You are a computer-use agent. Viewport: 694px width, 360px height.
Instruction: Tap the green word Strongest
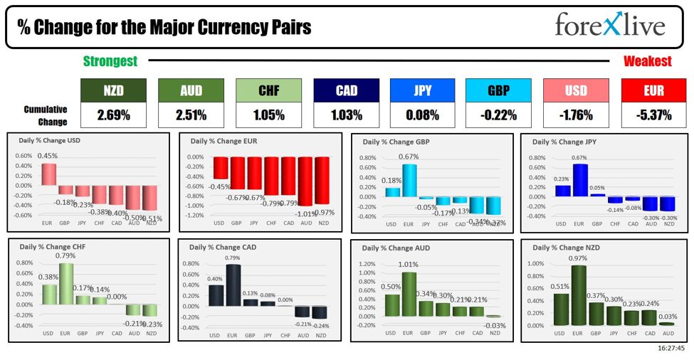pos(110,61)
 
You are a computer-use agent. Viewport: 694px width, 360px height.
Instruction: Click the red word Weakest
pos(647,61)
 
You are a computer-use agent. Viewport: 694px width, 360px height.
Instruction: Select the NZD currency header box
pos(112,90)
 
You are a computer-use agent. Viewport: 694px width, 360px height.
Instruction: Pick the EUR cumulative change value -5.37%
pos(647,115)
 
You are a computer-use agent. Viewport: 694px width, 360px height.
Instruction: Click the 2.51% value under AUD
pos(191,115)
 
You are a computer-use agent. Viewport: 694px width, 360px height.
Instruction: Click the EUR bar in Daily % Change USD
pos(48,174)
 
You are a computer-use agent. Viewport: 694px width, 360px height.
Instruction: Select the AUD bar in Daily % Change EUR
pos(305,181)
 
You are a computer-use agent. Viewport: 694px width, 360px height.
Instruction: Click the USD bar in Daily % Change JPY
pos(562,191)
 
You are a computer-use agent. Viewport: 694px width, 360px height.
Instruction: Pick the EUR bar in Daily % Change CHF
pos(65,285)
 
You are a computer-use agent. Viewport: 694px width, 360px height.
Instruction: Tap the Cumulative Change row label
pos(46,116)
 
